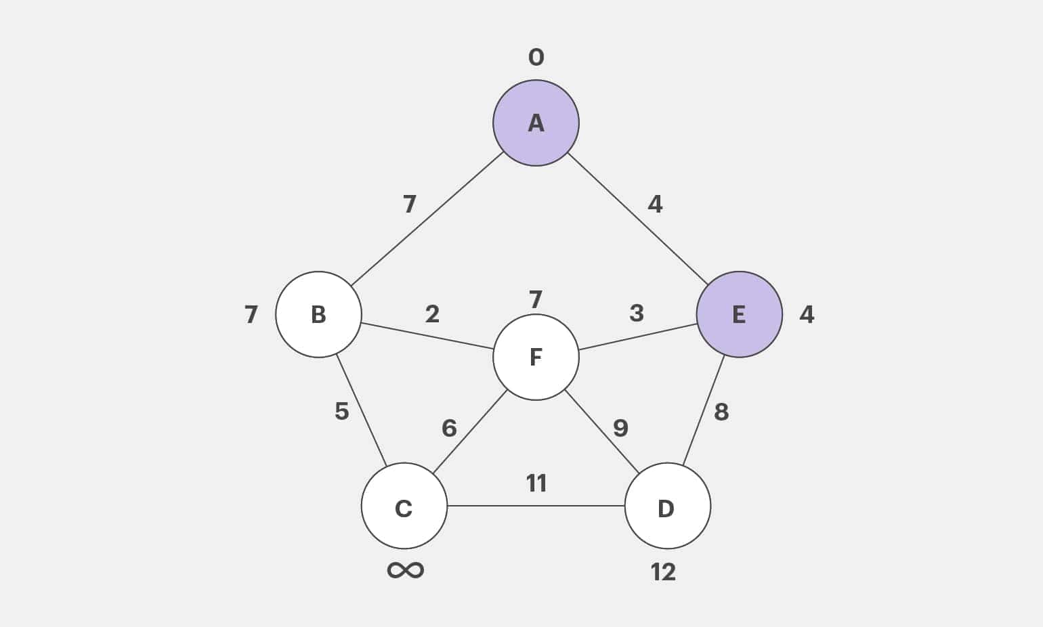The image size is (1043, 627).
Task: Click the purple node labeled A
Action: tap(536, 123)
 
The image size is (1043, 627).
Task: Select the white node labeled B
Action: tap(318, 315)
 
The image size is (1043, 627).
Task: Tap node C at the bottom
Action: tap(404, 506)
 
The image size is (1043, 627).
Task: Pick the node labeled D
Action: tap(667, 506)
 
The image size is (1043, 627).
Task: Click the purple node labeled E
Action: tap(739, 315)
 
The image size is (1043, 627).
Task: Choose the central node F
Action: tap(536, 357)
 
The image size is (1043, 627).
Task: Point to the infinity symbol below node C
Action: tap(405, 569)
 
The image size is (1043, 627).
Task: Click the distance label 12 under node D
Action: tap(663, 572)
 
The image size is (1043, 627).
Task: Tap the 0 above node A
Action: tap(536, 58)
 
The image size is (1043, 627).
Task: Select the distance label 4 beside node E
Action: tap(806, 315)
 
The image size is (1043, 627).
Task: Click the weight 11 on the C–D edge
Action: tap(536, 483)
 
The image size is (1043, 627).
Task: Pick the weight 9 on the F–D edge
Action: tap(620, 428)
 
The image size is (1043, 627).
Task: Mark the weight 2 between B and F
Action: tap(432, 314)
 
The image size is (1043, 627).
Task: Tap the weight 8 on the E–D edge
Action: tap(721, 412)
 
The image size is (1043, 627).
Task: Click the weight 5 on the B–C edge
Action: tap(342, 411)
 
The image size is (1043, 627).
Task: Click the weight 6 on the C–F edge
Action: tap(449, 428)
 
